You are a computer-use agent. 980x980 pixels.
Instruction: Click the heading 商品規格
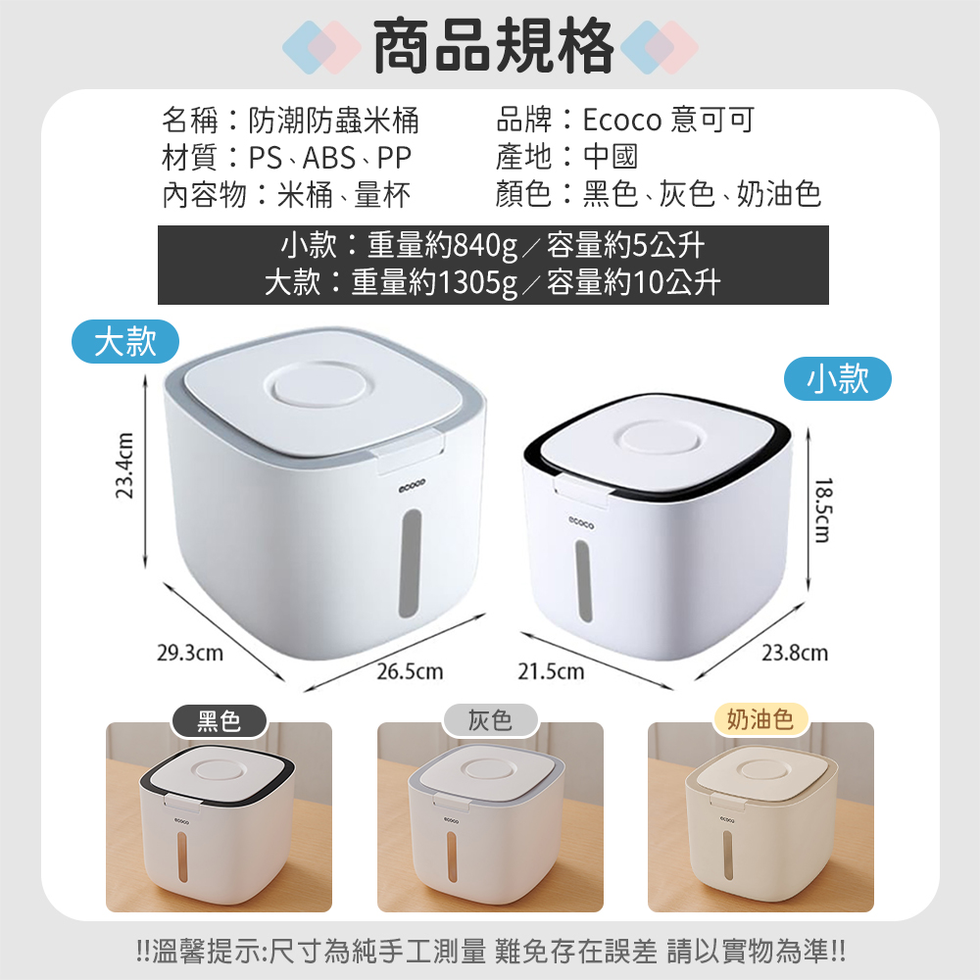click(x=493, y=47)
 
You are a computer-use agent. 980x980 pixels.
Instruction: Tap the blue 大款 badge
click(x=125, y=341)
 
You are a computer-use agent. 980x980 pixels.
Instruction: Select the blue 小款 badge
click(x=838, y=378)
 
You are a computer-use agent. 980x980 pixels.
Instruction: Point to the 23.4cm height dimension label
click(x=125, y=465)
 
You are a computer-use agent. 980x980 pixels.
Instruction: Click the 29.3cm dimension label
click(x=190, y=653)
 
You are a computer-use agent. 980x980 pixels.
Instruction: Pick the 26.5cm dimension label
click(x=410, y=672)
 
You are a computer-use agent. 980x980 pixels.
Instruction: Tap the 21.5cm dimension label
click(x=551, y=672)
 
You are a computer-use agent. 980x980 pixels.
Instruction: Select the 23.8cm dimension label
click(x=795, y=653)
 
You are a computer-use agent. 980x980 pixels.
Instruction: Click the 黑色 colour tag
click(x=219, y=720)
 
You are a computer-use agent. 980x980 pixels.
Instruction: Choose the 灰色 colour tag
click(x=490, y=720)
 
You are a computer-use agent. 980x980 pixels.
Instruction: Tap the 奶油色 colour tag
click(x=760, y=719)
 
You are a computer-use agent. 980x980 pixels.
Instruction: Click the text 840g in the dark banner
click(x=486, y=245)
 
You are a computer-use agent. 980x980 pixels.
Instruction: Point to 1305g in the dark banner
click(x=477, y=282)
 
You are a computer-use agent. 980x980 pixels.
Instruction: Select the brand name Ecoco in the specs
click(x=622, y=120)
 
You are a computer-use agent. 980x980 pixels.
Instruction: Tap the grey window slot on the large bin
click(x=410, y=563)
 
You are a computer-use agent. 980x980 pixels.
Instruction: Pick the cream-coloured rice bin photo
click(x=760, y=817)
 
